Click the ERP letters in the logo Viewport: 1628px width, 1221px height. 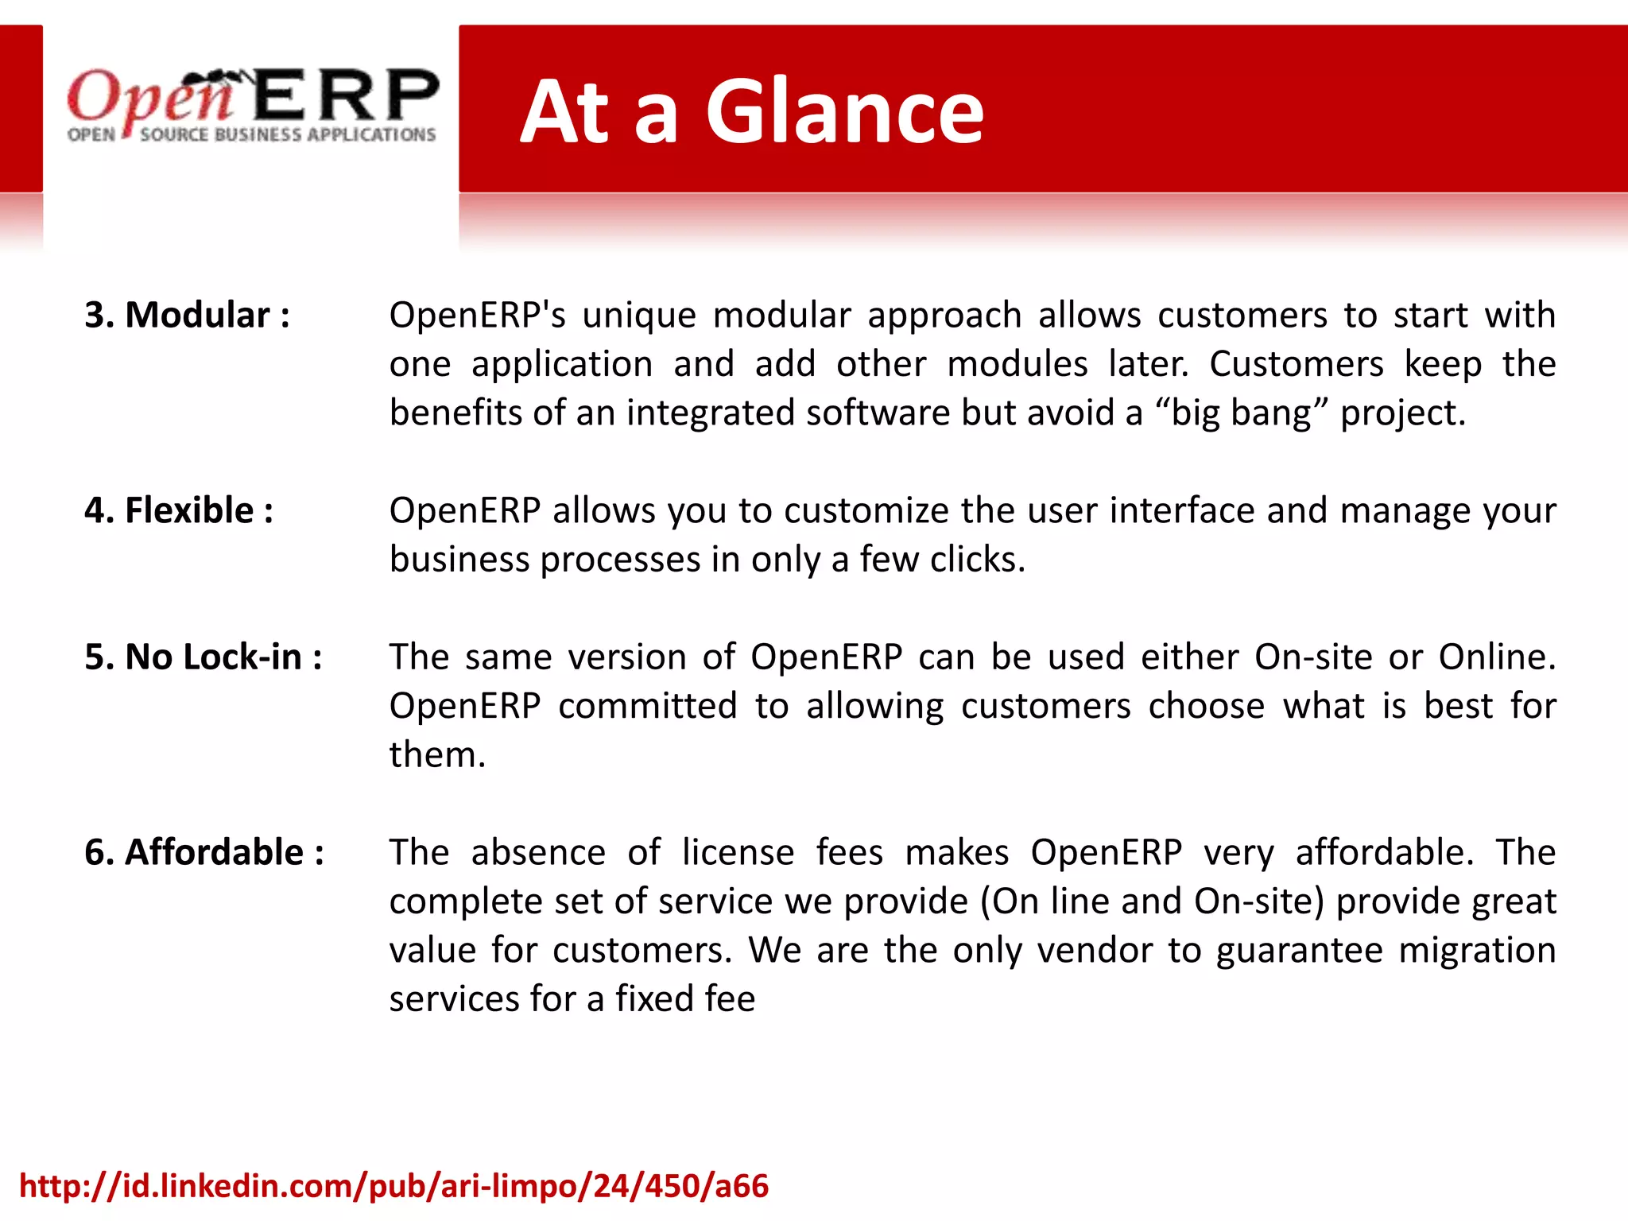tap(347, 95)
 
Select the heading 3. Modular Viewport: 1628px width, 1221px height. tap(188, 315)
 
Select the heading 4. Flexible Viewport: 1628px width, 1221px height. tap(179, 510)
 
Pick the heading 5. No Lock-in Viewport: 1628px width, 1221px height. tap(203, 657)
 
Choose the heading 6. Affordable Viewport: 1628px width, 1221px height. tap(204, 852)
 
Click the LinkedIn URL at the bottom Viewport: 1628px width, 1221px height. tap(394, 1186)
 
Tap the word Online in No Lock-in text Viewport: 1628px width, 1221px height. tap(1496, 657)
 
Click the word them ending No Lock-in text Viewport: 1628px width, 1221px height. tap(436, 755)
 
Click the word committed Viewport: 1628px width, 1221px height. tap(647, 706)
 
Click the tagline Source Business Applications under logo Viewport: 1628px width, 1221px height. tap(288, 135)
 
